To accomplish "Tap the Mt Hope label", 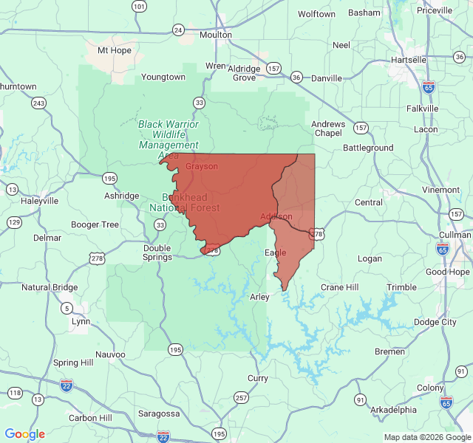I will click(114, 51).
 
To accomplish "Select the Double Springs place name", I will click(157, 253).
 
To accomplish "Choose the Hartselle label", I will click(409, 60).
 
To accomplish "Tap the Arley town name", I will click(259, 297).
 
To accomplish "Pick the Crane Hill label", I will click(339, 287).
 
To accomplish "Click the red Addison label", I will click(276, 216).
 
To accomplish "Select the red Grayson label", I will click(202, 167).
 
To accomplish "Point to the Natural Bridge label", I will click(50, 287).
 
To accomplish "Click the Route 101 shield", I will click(139, 7).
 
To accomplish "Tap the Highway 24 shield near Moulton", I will click(178, 30).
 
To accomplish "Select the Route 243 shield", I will click(39, 103).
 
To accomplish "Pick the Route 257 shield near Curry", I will click(241, 398).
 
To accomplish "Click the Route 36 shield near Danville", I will click(296, 77).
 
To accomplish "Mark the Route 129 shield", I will click(14, 222).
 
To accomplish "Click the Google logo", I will click(24, 434).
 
